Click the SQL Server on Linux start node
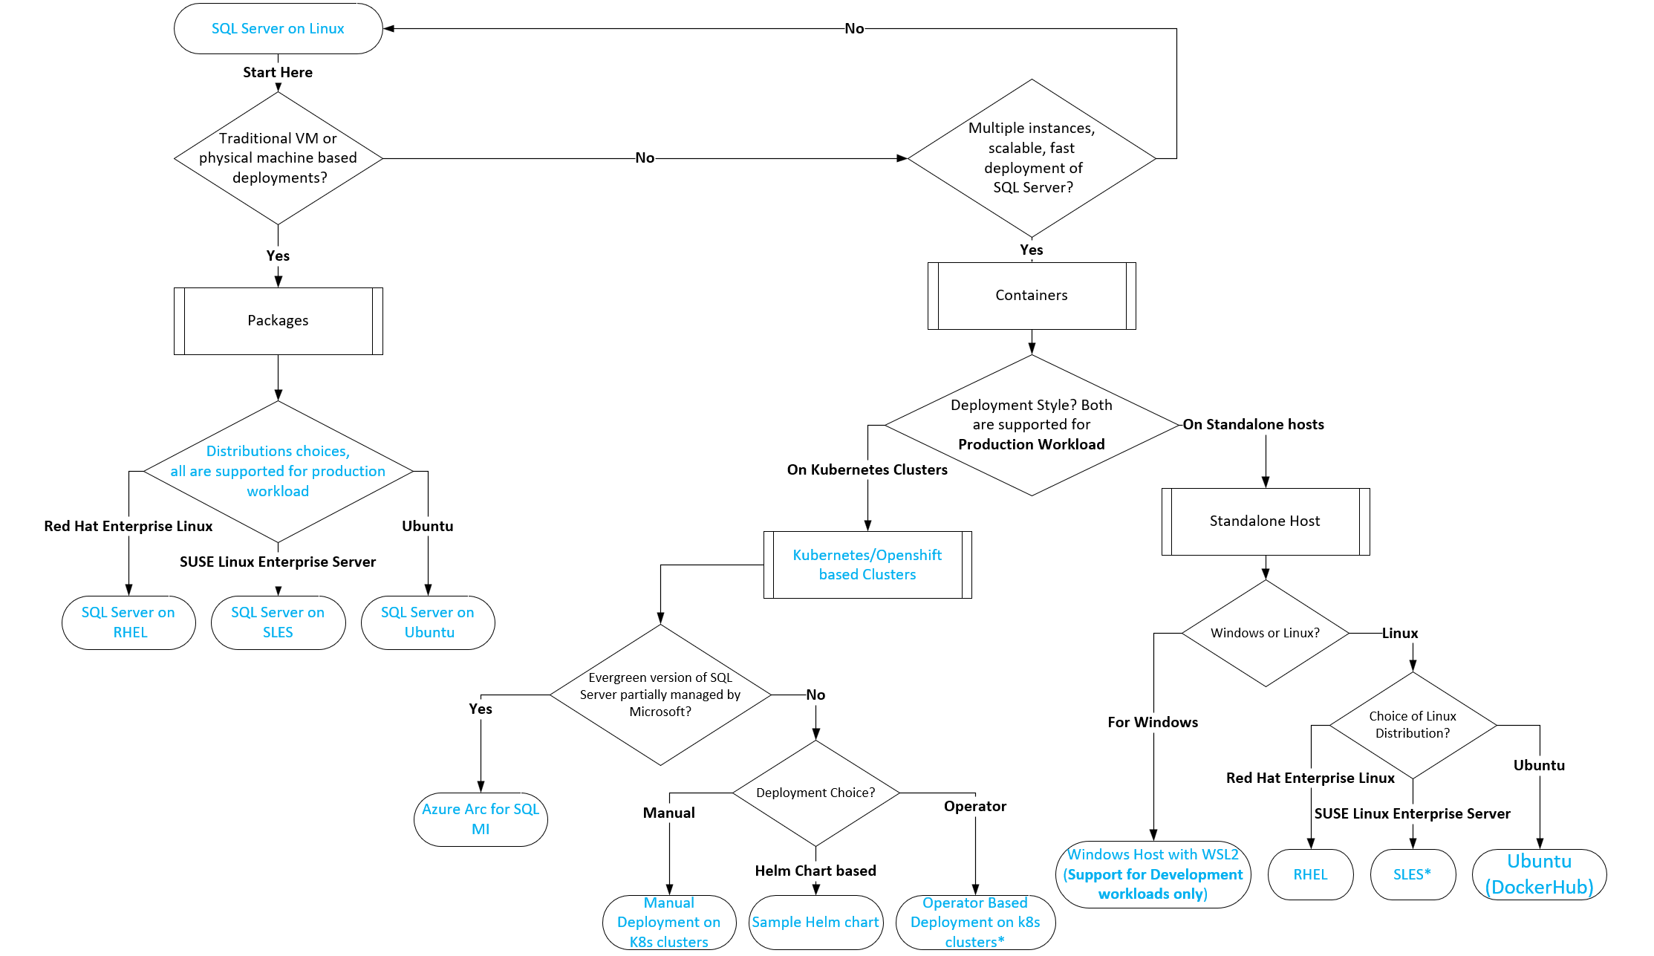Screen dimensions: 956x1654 pyautogui.click(x=278, y=29)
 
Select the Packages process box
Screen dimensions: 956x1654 pyautogui.click(x=278, y=321)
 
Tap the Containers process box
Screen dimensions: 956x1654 pyautogui.click(x=1032, y=296)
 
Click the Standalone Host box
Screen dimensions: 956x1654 pyautogui.click(x=1265, y=521)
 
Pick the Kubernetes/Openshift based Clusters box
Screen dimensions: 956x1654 pyautogui.click(x=867, y=565)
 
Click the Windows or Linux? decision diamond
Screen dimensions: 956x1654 pyautogui.click(x=1265, y=633)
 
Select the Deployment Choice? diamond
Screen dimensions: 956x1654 pyautogui.click(x=815, y=793)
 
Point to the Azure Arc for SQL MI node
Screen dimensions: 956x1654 pyautogui.click(x=481, y=819)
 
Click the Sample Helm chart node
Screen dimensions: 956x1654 pyautogui.click(x=815, y=923)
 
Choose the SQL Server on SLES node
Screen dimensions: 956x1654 pyautogui.click(x=278, y=622)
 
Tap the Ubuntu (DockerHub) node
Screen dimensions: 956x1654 pyautogui.click(x=1539, y=874)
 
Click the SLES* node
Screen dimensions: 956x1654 pyautogui.click(x=1412, y=874)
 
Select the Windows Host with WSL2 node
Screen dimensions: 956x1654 pyautogui.click(x=1153, y=874)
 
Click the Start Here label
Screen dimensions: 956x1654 pyautogui.click(x=278, y=72)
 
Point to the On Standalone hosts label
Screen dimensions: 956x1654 pyautogui.click(x=1253, y=424)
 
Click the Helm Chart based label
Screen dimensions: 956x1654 pyautogui.click(x=815, y=871)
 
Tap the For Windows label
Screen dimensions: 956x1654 pyautogui.click(x=1153, y=722)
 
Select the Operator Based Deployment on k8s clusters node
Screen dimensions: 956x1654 pyautogui.click(x=975, y=923)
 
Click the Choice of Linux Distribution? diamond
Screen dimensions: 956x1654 pyautogui.click(x=1412, y=725)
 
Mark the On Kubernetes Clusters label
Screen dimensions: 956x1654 pyautogui.click(x=867, y=469)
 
